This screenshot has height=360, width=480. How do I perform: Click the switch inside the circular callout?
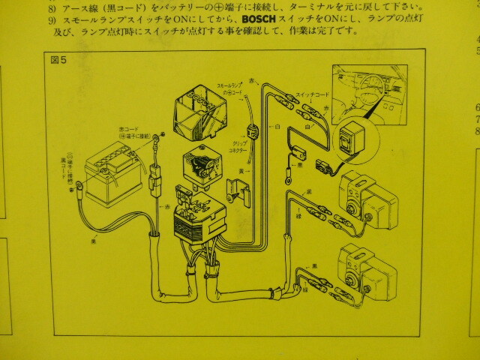(x=349, y=142)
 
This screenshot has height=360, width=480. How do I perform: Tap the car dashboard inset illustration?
(x=368, y=91)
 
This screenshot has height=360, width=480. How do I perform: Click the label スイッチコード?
(x=311, y=94)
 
